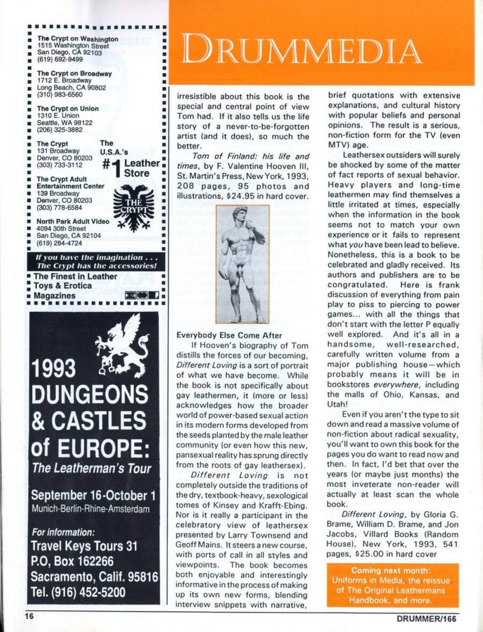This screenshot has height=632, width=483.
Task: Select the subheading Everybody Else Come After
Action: pos(229,335)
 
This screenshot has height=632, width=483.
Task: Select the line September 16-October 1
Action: pos(93,495)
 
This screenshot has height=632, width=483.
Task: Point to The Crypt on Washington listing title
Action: pos(78,39)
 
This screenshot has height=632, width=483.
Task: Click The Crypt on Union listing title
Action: pos(68,109)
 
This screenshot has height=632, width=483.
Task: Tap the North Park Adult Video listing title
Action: pos(73,222)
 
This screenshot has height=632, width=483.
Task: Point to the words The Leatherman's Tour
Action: pos(91,468)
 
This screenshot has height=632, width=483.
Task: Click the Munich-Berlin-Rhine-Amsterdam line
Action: pos(90,509)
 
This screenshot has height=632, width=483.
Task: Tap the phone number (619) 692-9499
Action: pos(60,59)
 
